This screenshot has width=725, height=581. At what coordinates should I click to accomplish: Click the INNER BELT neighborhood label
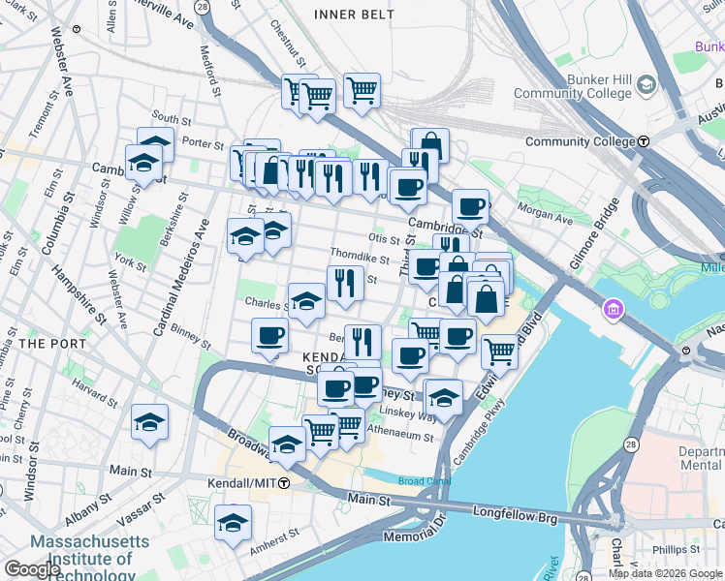pos(355,14)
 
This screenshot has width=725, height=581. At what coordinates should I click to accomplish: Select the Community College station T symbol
pos(643,141)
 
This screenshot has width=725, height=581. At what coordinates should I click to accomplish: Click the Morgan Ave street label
pos(545,211)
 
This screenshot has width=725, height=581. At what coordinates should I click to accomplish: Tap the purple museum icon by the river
pos(612,310)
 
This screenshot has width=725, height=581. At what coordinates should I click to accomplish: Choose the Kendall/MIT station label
pos(241,482)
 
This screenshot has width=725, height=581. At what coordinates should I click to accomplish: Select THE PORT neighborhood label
pos(46,343)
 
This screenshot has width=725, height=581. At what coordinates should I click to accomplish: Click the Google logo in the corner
pos(32,569)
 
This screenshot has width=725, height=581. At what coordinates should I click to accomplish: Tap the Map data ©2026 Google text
pos(665,573)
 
